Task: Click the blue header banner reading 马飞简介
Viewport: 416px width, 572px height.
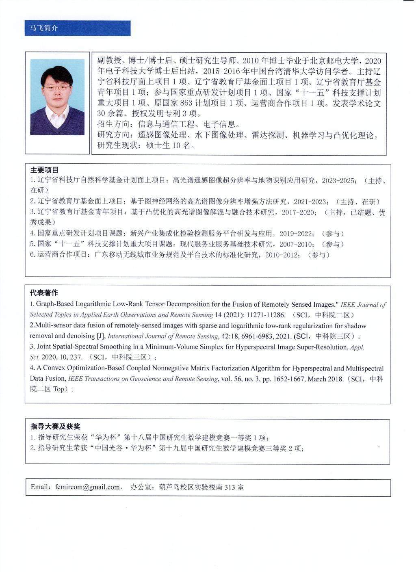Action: pos(77,28)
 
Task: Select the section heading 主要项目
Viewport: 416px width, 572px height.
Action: pos(44,170)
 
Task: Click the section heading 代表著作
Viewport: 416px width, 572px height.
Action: pos(44,292)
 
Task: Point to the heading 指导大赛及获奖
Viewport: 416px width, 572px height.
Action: pos(55,426)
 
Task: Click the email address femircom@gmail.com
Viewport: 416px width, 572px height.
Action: pos(88,487)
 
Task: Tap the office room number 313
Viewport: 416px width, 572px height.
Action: pos(230,487)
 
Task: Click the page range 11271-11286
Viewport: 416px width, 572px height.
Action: pos(262,315)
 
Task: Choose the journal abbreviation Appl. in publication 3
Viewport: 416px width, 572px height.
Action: pos(357,347)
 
